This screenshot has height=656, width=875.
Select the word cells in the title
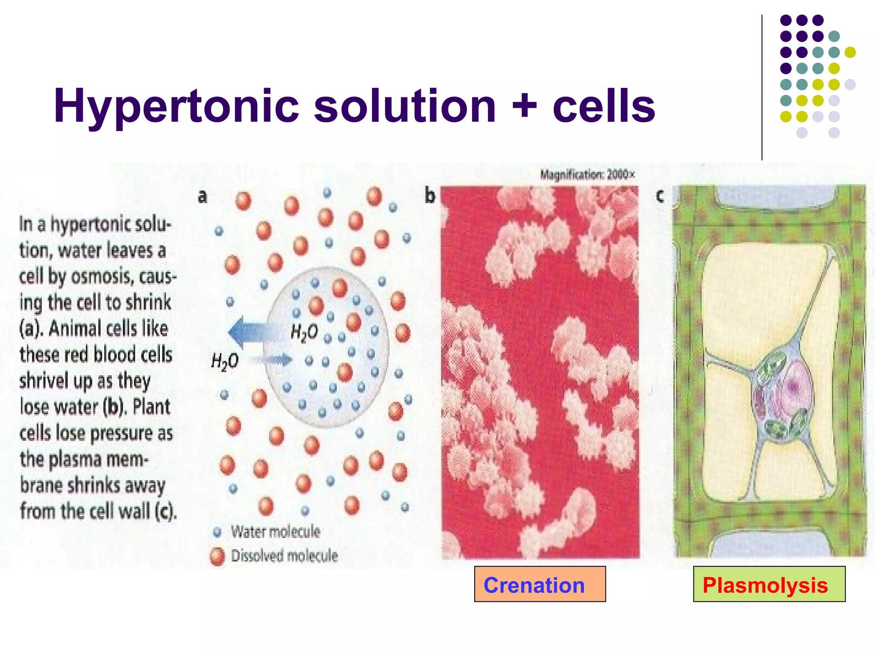pyautogui.click(x=604, y=106)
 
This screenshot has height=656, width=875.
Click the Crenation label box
pyautogui.click(x=540, y=584)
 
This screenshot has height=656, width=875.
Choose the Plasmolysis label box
pyautogui.click(x=769, y=584)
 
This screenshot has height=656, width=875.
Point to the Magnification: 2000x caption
pyautogui.click(x=587, y=175)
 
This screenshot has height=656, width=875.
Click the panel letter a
pyautogui.click(x=203, y=196)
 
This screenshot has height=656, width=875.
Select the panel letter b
pyautogui.click(x=429, y=196)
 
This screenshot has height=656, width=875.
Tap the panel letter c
pyautogui.click(x=660, y=196)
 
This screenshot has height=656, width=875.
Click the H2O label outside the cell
pyautogui.click(x=225, y=361)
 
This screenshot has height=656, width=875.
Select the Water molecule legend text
pyautogui.click(x=276, y=532)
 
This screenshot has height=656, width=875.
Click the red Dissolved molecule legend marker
pyautogui.click(x=217, y=556)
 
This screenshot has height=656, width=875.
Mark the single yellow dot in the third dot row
pyautogui.click(x=850, y=52)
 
